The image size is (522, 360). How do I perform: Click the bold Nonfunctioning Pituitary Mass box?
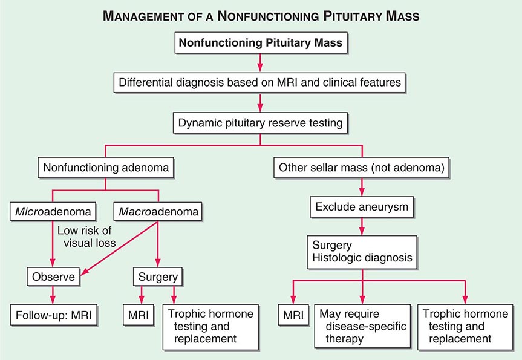(x=261, y=44)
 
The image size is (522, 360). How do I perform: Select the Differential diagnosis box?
(x=261, y=82)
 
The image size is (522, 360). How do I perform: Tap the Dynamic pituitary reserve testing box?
(x=261, y=122)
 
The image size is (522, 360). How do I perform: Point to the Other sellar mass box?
(x=362, y=167)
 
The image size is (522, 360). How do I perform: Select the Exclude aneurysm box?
(x=362, y=207)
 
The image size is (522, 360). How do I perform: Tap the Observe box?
(x=53, y=277)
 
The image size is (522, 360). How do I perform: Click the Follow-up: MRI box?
(x=53, y=315)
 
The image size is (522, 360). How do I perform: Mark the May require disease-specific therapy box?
(x=362, y=327)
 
